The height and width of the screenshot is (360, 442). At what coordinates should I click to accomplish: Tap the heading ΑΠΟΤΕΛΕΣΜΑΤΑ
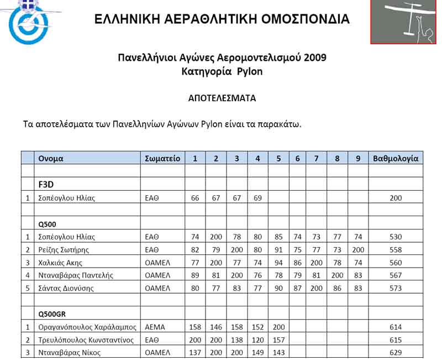(222, 98)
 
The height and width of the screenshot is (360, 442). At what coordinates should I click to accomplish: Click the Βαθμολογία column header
(396, 158)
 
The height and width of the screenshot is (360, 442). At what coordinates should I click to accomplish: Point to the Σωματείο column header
(162, 158)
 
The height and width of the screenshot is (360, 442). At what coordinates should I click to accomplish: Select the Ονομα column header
(51, 158)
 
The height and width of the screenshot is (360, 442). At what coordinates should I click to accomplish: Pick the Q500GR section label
(52, 314)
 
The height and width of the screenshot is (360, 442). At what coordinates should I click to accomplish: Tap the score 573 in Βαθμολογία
(396, 288)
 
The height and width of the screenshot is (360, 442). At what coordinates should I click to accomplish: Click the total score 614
(396, 327)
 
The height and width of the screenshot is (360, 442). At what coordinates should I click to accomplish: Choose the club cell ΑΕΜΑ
(155, 327)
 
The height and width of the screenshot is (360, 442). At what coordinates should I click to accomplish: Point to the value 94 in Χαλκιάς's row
(278, 263)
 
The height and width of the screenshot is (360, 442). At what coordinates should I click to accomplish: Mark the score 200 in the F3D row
(396, 198)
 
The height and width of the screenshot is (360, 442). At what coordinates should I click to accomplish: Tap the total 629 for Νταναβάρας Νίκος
(396, 352)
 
